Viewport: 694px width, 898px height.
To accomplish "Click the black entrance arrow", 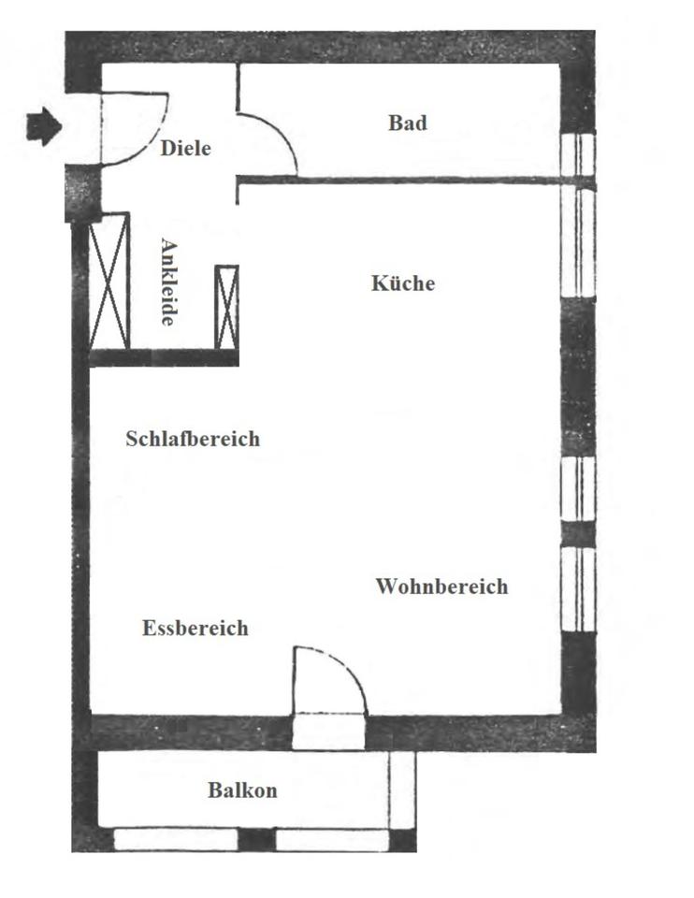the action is pyautogui.click(x=43, y=125).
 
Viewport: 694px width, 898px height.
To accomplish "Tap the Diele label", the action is pyautogui.click(x=186, y=148).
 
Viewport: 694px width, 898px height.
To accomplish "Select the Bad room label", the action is pyautogui.click(x=408, y=123).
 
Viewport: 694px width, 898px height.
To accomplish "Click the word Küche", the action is pyautogui.click(x=403, y=283).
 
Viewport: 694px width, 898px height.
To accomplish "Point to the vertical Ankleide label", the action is pyautogui.click(x=168, y=282).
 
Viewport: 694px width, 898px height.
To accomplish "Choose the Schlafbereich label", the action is pyautogui.click(x=193, y=439).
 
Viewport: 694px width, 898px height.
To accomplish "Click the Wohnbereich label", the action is pyautogui.click(x=441, y=587).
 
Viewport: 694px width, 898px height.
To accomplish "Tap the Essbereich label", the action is pyautogui.click(x=195, y=628).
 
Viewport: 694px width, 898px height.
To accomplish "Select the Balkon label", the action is pyautogui.click(x=242, y=790).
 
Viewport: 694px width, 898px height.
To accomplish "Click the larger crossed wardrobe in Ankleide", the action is pyautogui.click(x=108, y=282).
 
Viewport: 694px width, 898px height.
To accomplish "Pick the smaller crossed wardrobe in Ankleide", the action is pyautogui.click(x=227, y=308).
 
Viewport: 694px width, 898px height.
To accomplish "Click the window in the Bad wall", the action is pyautogui.click(x=578, y=153).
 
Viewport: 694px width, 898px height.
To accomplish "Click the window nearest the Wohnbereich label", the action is pyautogui.click(x=578, y=589).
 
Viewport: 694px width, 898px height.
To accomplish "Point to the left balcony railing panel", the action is pyautogui.click(x=176, y=839).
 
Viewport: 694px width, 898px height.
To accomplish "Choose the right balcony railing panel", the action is pyautogui.click(x=332, y=839).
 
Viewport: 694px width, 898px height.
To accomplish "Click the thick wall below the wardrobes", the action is pyautogui.click(x=164, y=357).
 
